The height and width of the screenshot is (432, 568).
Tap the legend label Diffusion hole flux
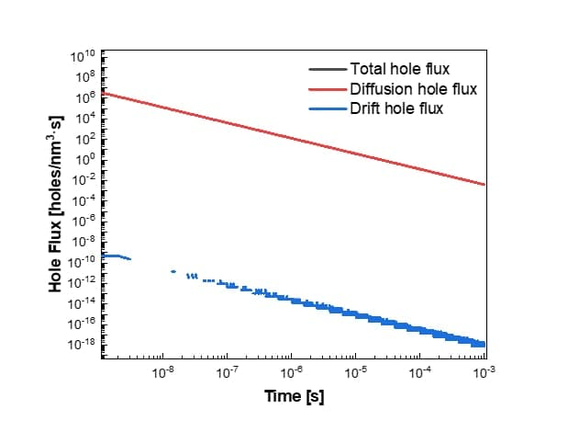tap(413, 89)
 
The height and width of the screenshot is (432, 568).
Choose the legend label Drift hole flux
tap(395, 109)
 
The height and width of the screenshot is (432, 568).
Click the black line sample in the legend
tap(327, 68)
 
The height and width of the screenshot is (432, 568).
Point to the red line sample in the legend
tap(327, 89)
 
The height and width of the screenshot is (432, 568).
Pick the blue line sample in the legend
tap(327, 109)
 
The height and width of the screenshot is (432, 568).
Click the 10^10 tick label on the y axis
tap(83, 57)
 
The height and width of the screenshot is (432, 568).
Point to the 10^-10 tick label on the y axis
tap(82, 261)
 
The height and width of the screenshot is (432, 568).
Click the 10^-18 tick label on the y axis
tap(82, 344)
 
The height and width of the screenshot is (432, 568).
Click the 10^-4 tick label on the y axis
tap(84, 200)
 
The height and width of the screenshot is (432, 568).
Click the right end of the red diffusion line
tap(484, 185)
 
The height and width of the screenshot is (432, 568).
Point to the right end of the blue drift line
tap(483, 343)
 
